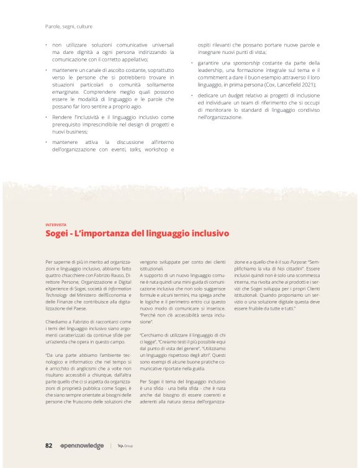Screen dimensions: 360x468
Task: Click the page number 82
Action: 48,446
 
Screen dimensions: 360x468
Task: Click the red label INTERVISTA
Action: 56,225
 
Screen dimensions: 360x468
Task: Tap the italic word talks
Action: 135,150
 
